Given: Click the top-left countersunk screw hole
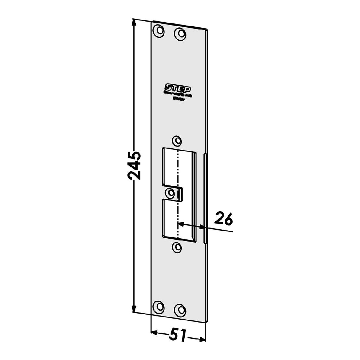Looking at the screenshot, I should [x=158, y=31].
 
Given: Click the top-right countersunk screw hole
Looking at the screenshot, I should [x=180, y=34].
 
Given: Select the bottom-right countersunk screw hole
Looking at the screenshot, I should [x=180, y=309].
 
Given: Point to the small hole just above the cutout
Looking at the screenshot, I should [x=176, y=140].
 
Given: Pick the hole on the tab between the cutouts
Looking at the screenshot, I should [x=170, y=193].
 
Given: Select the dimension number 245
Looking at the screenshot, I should [x=134, y=166].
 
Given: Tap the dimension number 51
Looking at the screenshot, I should [x=177, y=336].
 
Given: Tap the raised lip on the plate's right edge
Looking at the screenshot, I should [x=204, y=198].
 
